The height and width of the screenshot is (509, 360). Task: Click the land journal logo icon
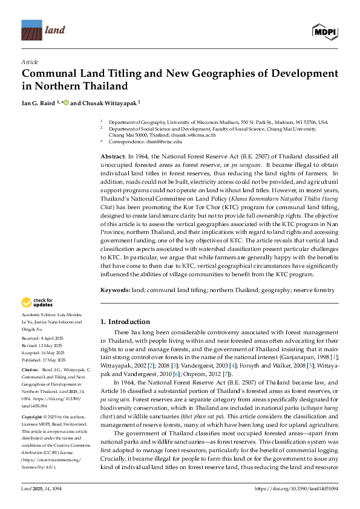click(x=31, y=30)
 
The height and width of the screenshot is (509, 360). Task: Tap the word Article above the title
click(x=30, y=62)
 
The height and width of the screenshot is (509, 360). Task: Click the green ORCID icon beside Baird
click(x=67, y=103)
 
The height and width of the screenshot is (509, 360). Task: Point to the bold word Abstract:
click(x=113, y=156)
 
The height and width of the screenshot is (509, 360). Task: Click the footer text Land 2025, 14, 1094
click(x=44, y=488)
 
